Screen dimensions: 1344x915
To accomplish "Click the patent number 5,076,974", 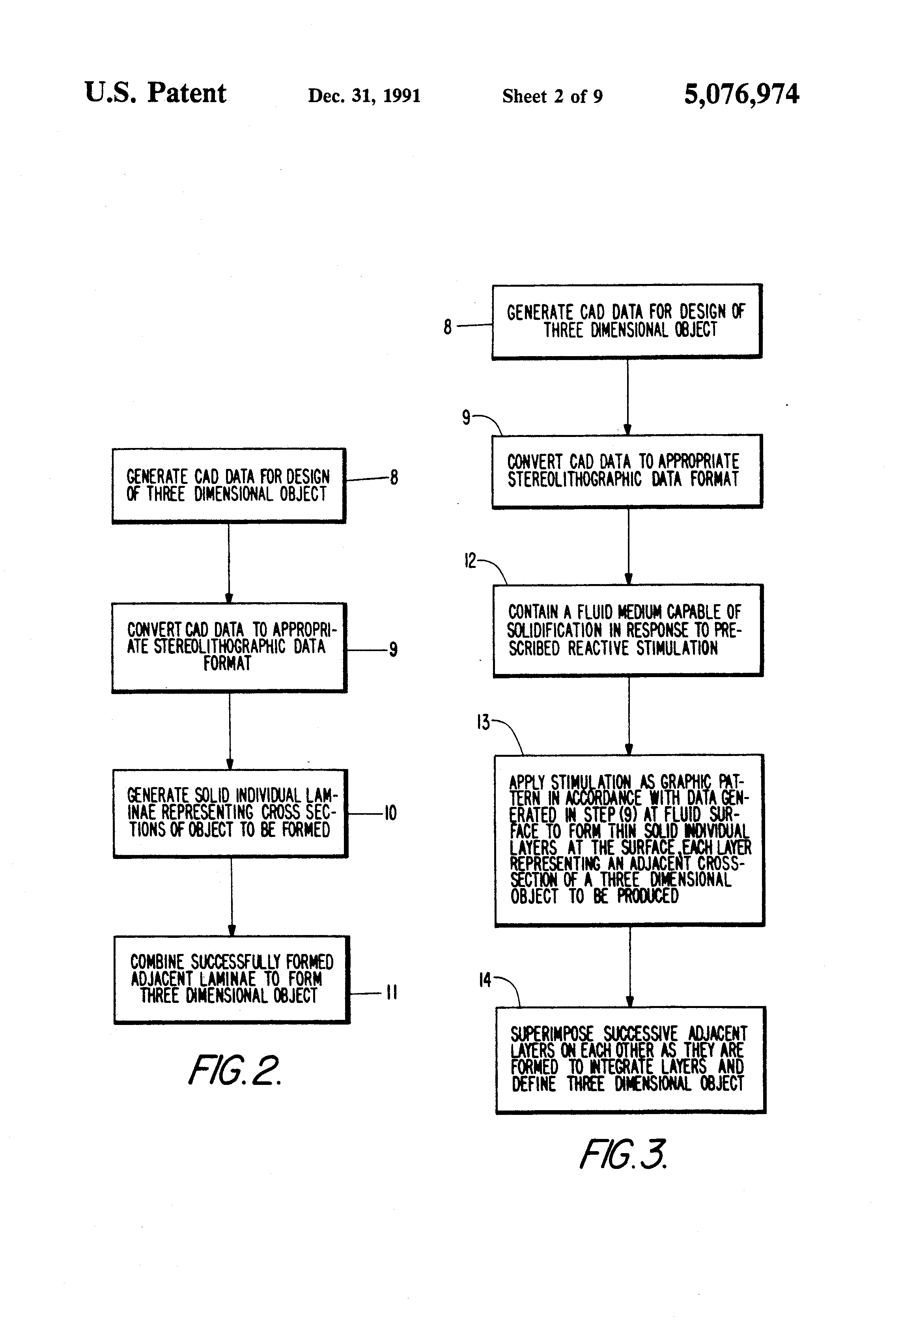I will pyautogui.click(x=741, y=94).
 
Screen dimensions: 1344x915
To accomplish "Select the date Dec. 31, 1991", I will pyautogui.click(x=364, y=95).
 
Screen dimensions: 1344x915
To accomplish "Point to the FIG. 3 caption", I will pyautogui.click(x=623, y=1154).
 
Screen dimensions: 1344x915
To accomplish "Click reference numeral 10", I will pyautogui.click(x=390, y=813).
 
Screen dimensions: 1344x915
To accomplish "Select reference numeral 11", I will pyautogui.click(x=392, y=993).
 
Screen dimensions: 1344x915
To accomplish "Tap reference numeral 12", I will pyautogui.click(x=470, y=560).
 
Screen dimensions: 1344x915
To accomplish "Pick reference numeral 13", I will pyautogui.click(x=483, y=722).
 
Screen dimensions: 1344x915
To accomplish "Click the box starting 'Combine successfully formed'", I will pyautogui.click(x=232, y=979).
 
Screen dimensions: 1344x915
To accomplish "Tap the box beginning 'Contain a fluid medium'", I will pyautogui.click(x=627, y=630).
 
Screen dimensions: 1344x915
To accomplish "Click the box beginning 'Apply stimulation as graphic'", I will pyautogui.click(x=629, y=839).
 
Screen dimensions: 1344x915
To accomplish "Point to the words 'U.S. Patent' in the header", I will pyautogui.click(x=155, y=93).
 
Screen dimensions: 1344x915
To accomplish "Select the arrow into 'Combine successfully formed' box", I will pyautogui.click(x=232, y=896).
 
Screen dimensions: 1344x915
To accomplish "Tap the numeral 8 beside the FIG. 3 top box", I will pyautogui.click(x=447, y=327).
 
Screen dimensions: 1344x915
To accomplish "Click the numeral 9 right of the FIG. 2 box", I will pyautogui.click(x=393, y=650).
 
